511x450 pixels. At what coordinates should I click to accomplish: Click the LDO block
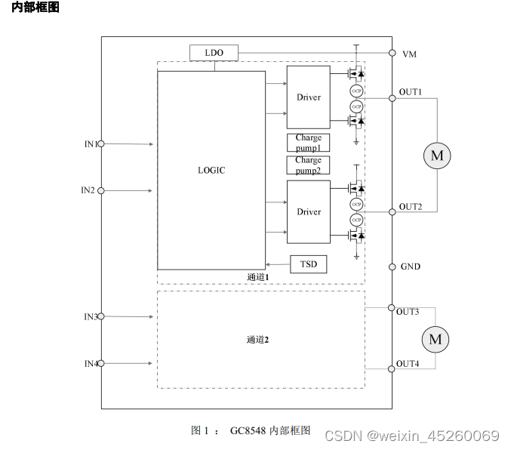[214, 52]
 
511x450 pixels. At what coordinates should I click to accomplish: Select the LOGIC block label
[211, 170]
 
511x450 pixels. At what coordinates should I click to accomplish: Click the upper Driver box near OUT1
[308, 97]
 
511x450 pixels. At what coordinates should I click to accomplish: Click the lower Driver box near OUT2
[308, 212]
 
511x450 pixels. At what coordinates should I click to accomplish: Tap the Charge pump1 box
[308, 142]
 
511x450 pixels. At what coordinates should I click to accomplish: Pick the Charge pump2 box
[308, 165]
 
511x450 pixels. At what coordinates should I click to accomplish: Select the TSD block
[308, 264]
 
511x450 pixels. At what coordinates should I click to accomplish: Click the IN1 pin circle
[101, 143]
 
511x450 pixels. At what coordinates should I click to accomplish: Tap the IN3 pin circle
[101, 316]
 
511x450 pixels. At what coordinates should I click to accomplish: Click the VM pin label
[409, 54]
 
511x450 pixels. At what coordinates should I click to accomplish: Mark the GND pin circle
[392, 267]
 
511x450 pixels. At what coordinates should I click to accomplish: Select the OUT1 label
[411, 92]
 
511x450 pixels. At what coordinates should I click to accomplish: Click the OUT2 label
[411, 206]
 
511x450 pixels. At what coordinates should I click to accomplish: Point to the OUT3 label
[408, 311]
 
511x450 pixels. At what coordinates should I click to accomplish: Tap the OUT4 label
[408, 364]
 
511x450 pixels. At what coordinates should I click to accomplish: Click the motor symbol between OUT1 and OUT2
[436, 156]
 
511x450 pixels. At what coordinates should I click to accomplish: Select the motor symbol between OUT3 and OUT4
[435, 339]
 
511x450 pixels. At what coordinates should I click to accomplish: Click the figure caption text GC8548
[248, 430]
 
